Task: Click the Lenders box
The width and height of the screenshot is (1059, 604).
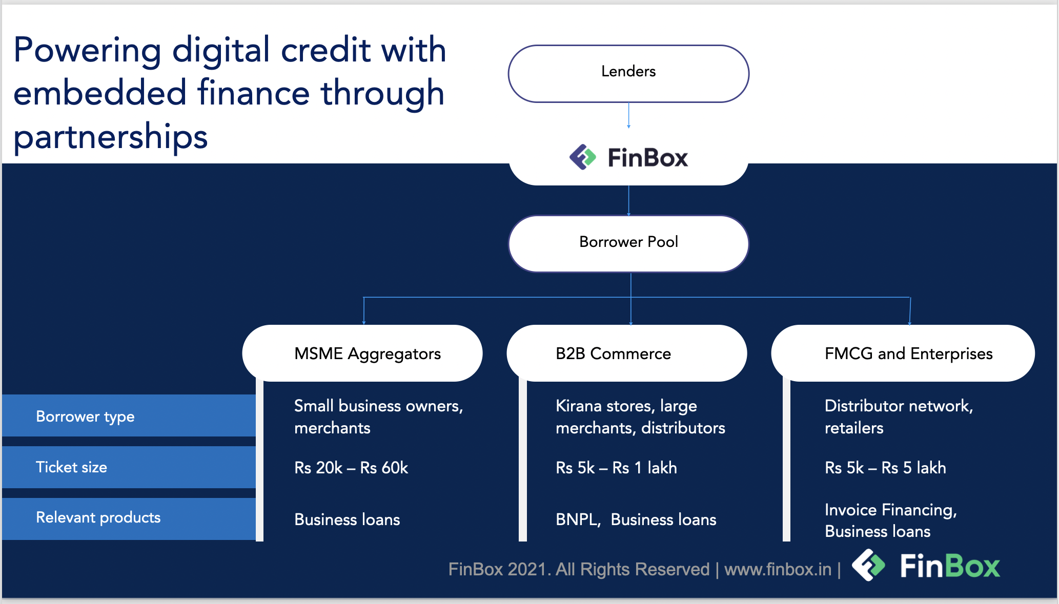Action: click(x=628, y=74)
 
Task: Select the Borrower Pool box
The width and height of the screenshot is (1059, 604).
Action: click(x=628, y=244)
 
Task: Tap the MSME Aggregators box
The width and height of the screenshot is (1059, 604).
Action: click(x=362, y=353)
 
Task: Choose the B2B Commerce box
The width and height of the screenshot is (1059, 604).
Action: click(x=627, y=353)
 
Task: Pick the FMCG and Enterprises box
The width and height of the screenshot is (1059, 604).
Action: click(x=903, y=353)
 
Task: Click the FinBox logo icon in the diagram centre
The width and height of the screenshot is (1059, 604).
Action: click(x=583, y=157)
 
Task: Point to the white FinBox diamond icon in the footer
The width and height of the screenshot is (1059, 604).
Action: click(x=868, y=565)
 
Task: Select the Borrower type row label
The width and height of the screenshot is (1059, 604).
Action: click(x=85, y=416)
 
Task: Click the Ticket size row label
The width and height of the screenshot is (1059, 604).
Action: click(x=71, y=467)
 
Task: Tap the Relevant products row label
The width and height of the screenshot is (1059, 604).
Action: click(x=98, y=517)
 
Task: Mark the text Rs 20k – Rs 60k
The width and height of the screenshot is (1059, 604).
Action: click(x=351, y=468)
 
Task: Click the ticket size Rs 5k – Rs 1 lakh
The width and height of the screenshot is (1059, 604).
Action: click(x=616, y=468)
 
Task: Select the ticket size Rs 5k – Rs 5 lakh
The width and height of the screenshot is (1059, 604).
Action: click(x=885, y=468)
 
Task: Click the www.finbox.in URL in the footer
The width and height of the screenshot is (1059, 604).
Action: click(x=778, y=569)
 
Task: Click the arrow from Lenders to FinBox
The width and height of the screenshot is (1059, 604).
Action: click(x=628, y=115)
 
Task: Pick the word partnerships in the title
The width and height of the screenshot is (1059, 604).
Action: click(x=110, y=137)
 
